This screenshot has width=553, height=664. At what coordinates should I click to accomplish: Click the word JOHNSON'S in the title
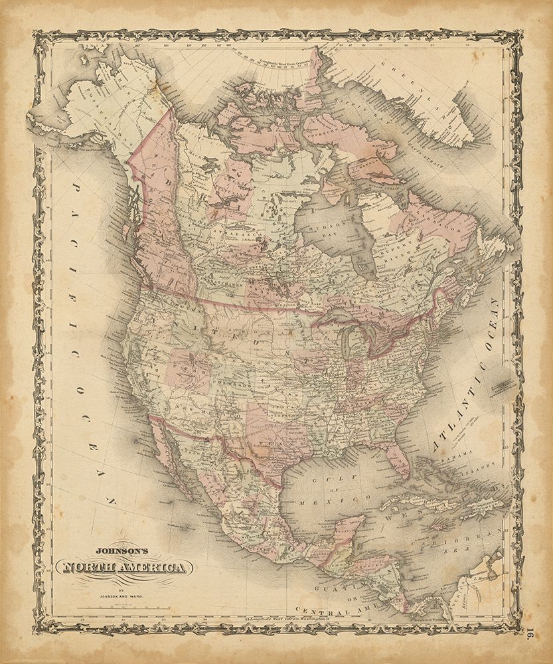(x=124, y=550)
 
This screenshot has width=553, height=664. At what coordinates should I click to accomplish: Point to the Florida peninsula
(x=399, y=458)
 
